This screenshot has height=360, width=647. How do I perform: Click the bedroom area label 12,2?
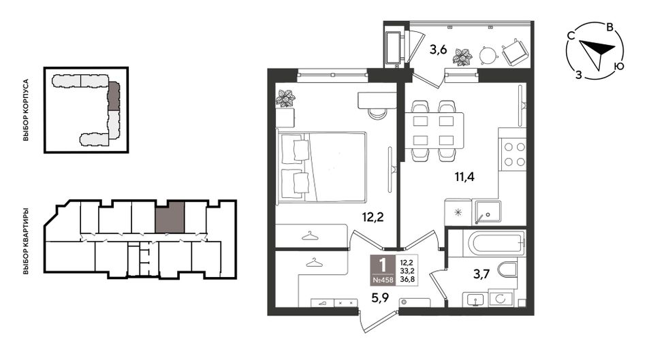373,217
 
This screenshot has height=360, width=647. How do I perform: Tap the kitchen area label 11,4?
464,177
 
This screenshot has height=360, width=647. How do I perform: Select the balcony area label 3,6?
438,50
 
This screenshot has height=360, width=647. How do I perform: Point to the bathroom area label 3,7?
481,274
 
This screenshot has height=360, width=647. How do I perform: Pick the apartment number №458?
383,280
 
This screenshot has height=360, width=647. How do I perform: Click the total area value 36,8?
405,279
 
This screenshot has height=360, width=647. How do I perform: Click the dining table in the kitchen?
434,131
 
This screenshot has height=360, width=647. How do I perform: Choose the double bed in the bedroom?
321,167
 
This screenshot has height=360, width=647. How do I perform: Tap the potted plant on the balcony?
462,56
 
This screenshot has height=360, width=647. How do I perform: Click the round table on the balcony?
488,55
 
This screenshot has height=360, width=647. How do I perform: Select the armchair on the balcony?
515,52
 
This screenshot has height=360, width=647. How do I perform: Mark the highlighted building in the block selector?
114,96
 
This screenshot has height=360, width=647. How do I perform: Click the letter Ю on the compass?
618,66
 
